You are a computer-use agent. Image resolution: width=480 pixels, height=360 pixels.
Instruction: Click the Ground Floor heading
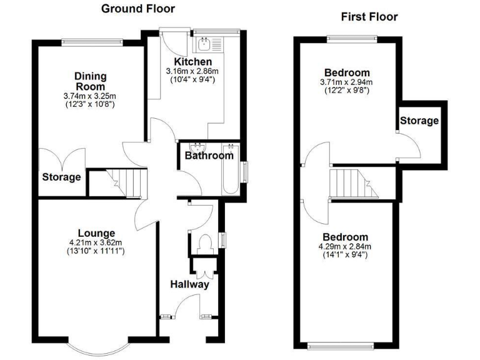click(x=137, y=9)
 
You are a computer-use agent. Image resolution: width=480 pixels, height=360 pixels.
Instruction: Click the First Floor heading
click(x=369, y=17)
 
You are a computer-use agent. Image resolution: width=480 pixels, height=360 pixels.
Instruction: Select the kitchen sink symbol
click(x=204, y=44)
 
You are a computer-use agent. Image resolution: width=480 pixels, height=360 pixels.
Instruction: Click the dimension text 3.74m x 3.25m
click(x=90, y=96)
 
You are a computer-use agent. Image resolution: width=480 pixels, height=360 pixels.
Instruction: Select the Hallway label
click(x=189, y=284)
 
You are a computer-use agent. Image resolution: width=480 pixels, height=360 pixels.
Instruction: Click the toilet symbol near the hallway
click(x=204, y=242)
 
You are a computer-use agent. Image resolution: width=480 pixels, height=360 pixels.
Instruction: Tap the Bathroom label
click(x=208, y=156)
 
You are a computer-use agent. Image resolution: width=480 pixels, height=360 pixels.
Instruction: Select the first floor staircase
click(x=354, y=183)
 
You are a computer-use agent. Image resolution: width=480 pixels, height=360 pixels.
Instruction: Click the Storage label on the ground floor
click(x=61, y=177)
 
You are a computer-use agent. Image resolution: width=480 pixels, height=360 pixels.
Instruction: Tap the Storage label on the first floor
click(x=419, y=121)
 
